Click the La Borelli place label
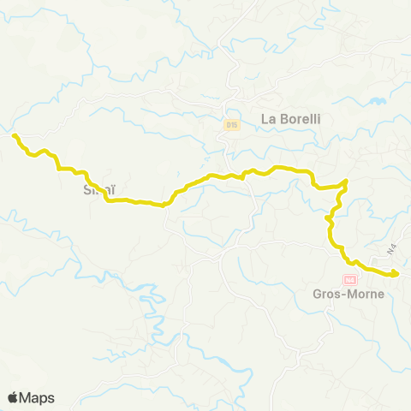pyautogui.click(x=290, y=119)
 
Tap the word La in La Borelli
pyautogui.click(x=268, y=119)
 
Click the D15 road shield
pyautogui.click(x=231, y=125)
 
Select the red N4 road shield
pyautogui.click(x=349, y=280)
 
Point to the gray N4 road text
pyautogui.click(x=393, y=249)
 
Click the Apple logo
pyautogui.click(x=13, y=397)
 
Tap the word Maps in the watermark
pyautogui.click(x=38, y=397)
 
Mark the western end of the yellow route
pyautogui.click(x=14, y=134)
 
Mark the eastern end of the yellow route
pyautogui.click(x=396, y=274)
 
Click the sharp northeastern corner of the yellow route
pyautogui.click(x=345, y=181)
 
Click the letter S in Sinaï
pyautogui.click(x=86, y=188)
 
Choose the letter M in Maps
pyautogui.click(x=27, y=397)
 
